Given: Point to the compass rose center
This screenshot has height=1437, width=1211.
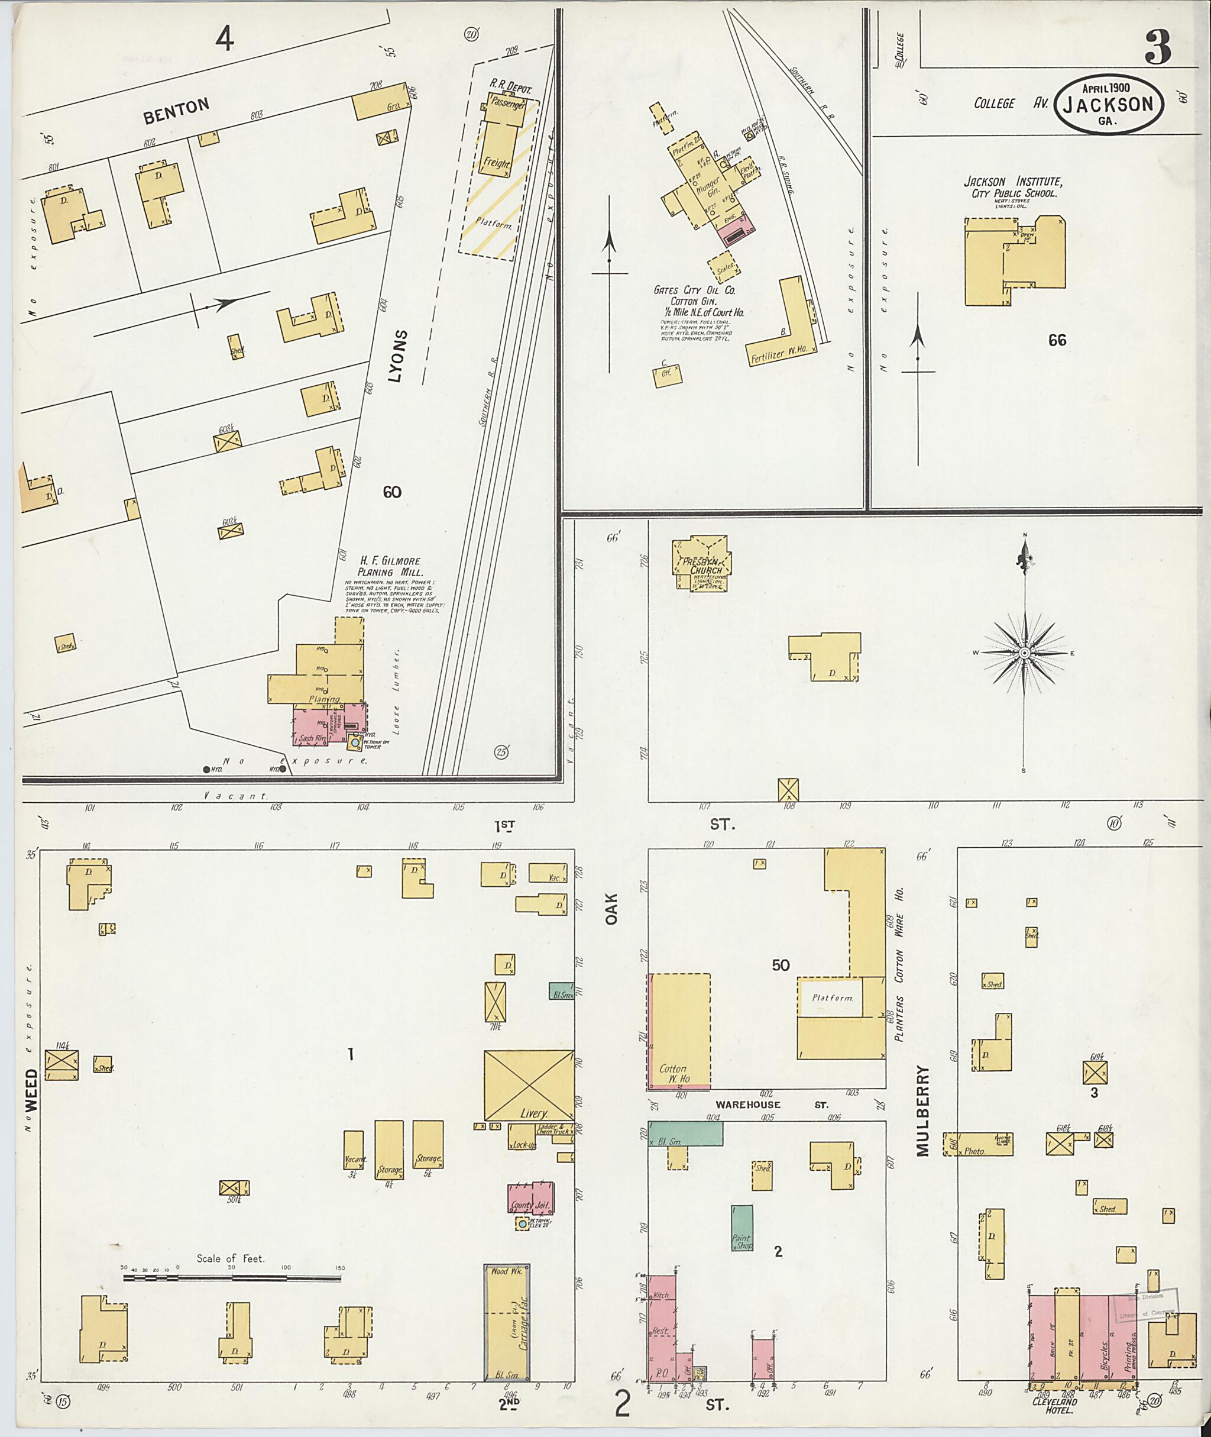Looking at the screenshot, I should [x=1024, y=652].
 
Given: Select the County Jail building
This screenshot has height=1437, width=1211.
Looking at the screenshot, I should [x=530, y=1199].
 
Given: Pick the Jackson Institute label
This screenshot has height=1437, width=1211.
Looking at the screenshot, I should [x=1012, y=183].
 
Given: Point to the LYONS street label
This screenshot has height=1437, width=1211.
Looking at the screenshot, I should [x=401, y=354].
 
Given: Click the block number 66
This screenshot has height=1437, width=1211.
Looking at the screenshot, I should [x=1057, y=340].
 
